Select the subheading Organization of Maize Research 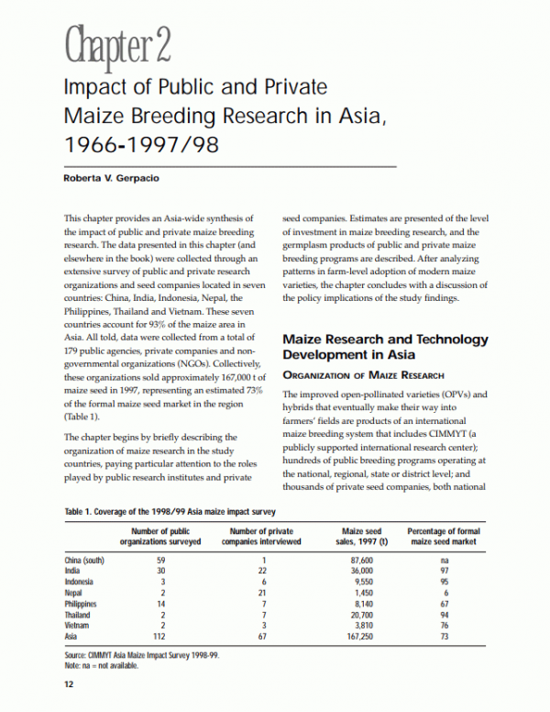click(x=363, y=375)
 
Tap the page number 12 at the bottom click(x=68, y=684)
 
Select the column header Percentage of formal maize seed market click(x=444, y=536)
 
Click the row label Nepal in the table click(x=75, y=594)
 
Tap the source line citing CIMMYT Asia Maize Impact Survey click(x=142, y=657)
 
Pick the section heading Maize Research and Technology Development click(x=385, y=346)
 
